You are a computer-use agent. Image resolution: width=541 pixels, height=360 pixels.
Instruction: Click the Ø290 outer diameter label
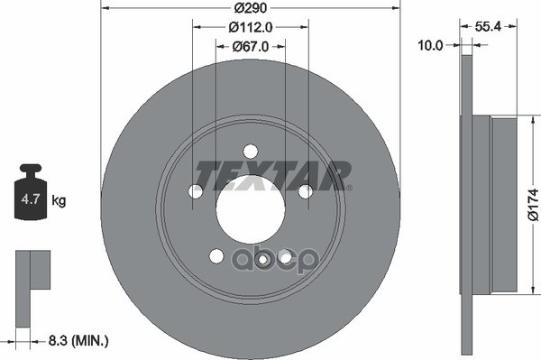[250, 7]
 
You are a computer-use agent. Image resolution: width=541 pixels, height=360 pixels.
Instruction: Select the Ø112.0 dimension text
[250, 27]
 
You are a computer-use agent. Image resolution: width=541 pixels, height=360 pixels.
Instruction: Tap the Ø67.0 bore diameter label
[250, 46]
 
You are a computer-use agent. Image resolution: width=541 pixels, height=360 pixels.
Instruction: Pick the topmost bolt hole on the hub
[250, 152]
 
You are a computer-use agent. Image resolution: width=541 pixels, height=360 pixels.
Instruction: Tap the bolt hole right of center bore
[305, 191]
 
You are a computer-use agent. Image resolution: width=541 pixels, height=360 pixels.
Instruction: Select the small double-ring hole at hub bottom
[263, 260]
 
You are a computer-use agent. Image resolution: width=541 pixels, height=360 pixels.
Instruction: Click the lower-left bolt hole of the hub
[216, 255]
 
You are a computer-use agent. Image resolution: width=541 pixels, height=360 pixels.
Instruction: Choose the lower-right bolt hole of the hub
[284, 255]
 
